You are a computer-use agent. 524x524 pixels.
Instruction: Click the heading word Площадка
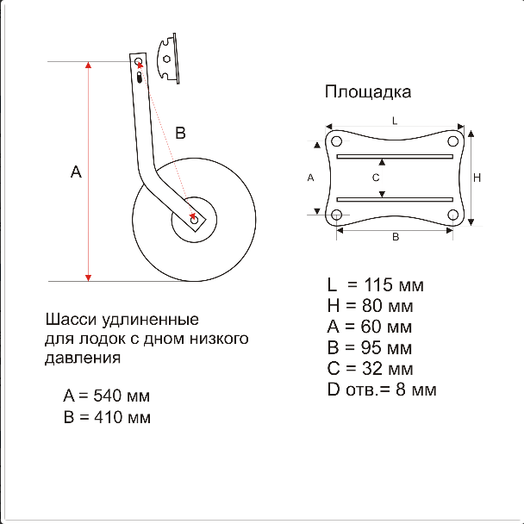pos(368,92)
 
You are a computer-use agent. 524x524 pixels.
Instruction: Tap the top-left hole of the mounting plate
pos(336,141)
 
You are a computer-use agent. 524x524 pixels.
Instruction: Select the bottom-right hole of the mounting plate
pos(452,215)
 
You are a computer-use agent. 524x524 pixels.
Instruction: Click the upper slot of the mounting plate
pos(395,156)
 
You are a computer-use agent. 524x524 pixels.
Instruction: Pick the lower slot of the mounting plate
pos(395,199)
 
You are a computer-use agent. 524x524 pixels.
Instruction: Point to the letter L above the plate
pos(395,121)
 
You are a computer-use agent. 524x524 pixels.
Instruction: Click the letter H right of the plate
pos(477,178)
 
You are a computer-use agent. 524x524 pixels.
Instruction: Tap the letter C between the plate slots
pos(376,178)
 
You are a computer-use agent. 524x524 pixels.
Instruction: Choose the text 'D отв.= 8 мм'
pos(382,390)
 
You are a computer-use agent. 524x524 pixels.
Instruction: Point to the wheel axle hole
pos(194,220)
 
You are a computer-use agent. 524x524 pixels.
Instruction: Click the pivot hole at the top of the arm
pos(139,62)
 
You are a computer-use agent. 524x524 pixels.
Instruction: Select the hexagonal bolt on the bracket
pos(166,59)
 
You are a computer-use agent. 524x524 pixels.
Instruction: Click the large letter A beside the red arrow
pos(76,172)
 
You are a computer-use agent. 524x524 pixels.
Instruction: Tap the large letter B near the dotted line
pos(180,133)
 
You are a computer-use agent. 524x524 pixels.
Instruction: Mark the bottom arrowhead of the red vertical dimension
pos(88,278)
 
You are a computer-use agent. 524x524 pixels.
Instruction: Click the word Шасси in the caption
pos(71,320)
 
